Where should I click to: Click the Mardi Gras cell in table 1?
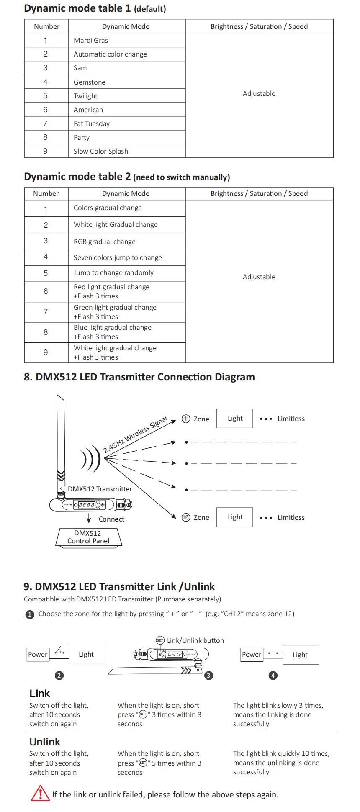point(127,40)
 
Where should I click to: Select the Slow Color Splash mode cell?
point(127,151)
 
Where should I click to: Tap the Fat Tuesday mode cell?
point(127,123)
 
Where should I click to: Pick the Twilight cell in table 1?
point(127,96)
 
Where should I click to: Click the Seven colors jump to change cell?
point(127,257)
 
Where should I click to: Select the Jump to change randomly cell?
point(127,273)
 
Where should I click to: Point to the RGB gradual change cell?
point(127,242)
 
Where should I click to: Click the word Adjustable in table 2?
point(259,277)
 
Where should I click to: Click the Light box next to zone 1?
point(235,419)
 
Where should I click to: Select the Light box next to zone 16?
point(235,517)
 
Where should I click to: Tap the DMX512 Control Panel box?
point(88,537)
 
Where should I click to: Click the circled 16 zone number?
point(186,517)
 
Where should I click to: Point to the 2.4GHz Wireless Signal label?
point(135,434)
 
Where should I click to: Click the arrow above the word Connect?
point(89,519)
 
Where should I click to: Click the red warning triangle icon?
point(40,794)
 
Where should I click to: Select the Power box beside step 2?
point(38,654)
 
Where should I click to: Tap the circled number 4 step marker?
point(273,676)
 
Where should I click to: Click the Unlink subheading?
point(45,742)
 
